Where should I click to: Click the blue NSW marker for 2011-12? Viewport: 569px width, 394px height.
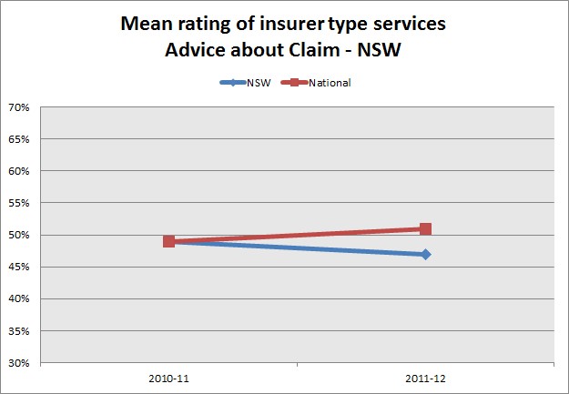[425, 254]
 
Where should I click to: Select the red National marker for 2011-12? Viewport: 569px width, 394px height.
[425, 229]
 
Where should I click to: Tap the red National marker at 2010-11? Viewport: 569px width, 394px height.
[169, 241]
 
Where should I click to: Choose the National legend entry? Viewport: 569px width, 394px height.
[329, 83]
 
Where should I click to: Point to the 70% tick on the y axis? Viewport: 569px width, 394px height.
[19, 107]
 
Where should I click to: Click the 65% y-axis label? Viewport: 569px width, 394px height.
[19, 139]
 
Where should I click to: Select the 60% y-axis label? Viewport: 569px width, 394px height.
[19, 171]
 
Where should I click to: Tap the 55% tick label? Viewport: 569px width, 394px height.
[19, 203]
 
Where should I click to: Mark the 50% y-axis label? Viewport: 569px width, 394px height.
[19, 235]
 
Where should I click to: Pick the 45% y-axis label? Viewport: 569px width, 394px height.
[19, 267]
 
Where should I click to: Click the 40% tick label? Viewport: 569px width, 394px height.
[19, 298]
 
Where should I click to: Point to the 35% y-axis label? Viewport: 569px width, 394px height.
[19, 330]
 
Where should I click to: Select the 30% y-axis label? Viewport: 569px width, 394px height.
[19, 362]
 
